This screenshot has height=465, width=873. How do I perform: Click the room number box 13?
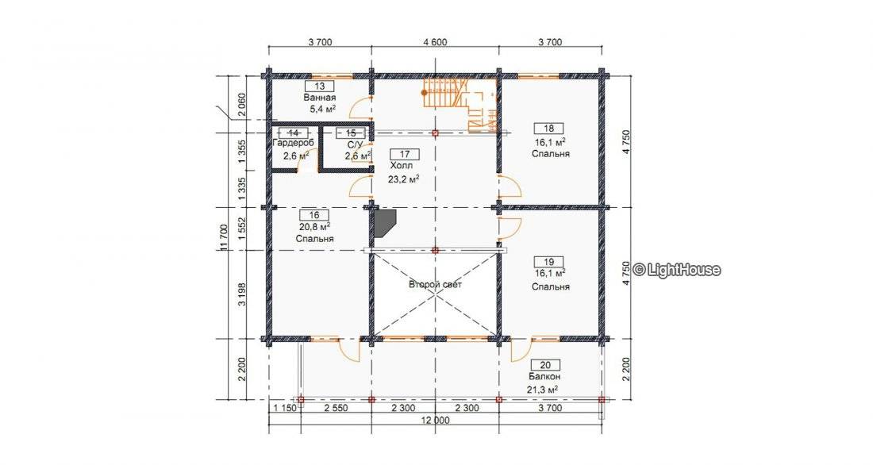[x=320, y=86]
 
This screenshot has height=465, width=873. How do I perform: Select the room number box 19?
[x=548, y=262]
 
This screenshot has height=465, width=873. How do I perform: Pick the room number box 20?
[x=546, y=365]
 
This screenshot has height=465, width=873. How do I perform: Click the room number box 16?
[x=314, y=215]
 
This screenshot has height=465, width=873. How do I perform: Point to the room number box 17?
[x=406, y=154]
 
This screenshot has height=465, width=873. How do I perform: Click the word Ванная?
[x=320, y=98]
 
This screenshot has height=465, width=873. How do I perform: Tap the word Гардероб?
[x=294, y=143]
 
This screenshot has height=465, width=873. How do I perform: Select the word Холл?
[x=402, y=166]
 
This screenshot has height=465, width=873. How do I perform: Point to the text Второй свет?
[x=436, y=285]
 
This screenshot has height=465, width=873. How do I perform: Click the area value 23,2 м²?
[x=404, y=179]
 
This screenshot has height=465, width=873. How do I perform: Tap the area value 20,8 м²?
[x=314, y=227]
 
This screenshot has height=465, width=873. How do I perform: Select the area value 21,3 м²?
[x=542, y=390]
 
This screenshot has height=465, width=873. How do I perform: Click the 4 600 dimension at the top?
[x=436, y=42]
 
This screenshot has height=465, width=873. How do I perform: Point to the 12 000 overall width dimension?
[x=436, y=421]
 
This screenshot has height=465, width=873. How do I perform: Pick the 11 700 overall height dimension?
[x=224, y=238]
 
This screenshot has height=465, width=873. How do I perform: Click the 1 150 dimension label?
[x=284, y=408]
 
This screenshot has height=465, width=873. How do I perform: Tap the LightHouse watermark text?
[x=677, y=270]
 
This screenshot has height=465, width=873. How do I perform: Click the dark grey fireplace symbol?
[x=384, y=223]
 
